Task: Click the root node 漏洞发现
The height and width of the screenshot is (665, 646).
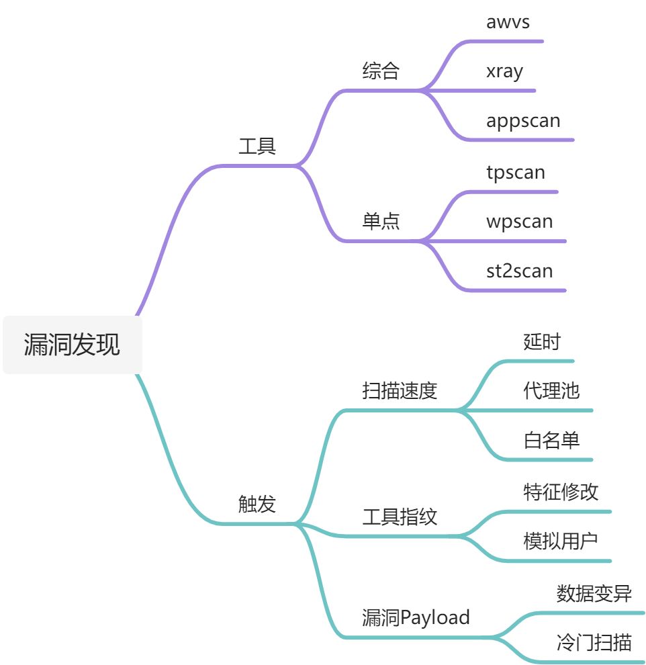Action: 73,344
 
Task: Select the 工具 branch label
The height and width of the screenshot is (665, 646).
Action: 257,146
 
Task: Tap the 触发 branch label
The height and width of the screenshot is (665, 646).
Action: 257,504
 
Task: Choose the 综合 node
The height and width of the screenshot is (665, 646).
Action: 381,71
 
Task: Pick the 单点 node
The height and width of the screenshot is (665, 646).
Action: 381,222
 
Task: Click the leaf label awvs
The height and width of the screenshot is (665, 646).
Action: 508,21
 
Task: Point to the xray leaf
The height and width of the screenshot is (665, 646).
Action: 504,71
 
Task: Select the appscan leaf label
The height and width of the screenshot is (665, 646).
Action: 523,122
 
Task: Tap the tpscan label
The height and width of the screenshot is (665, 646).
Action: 516,172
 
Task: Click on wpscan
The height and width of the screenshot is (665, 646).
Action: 519,222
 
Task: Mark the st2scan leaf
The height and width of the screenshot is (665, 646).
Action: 519,271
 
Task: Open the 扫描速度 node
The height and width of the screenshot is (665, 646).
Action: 400,391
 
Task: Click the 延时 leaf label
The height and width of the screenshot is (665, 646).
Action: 541,341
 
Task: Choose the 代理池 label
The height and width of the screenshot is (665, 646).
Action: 551,391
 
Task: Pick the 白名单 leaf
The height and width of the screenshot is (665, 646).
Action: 551,441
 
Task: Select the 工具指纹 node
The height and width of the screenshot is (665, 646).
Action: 400,517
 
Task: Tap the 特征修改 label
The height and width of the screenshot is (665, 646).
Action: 561,492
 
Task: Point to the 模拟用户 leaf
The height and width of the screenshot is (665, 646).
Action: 561,541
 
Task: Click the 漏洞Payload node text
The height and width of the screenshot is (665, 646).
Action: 416,617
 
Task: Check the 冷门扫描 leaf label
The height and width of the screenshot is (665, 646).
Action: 594,641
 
